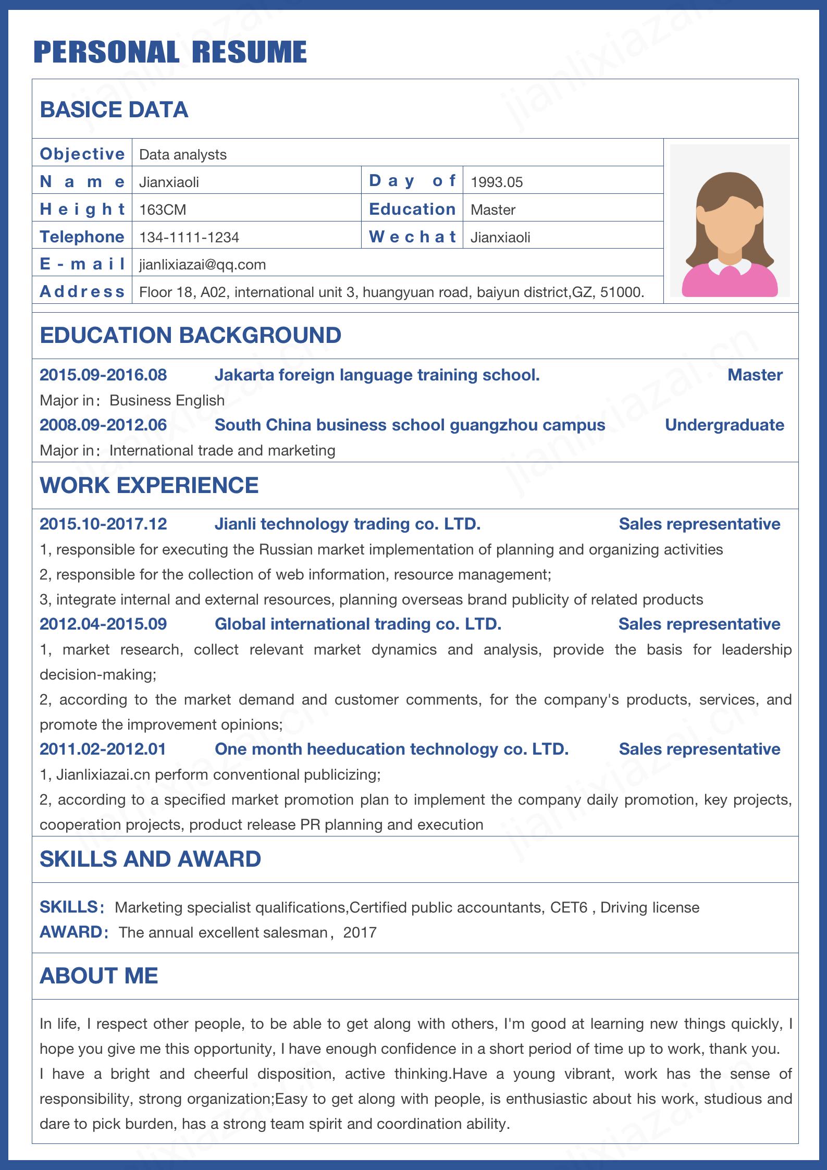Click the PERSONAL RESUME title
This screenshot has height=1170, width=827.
170,52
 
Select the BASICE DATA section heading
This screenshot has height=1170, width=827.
114,109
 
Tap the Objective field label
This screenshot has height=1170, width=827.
82,154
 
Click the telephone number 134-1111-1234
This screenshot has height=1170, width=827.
189,238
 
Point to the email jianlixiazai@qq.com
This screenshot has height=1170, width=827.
203,265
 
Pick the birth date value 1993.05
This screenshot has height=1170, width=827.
496,182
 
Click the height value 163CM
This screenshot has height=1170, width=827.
163,210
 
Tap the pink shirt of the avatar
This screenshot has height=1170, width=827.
730,284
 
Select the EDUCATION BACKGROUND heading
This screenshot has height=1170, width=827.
190,335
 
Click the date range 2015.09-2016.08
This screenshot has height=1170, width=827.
103,375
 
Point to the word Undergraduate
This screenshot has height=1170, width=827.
724,425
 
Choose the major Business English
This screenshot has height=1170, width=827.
167,400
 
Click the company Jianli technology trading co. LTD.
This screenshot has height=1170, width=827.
348,524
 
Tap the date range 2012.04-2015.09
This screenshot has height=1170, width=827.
103,624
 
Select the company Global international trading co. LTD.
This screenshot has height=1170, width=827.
358,624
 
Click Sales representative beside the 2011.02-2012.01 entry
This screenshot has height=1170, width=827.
699,749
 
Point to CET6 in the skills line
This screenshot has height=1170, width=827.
569,907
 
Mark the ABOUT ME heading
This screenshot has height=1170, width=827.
98,976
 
